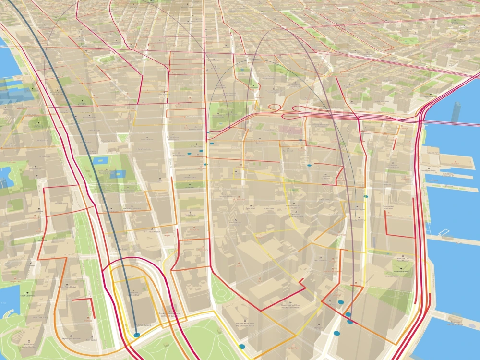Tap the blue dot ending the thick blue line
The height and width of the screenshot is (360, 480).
tap(137, 335)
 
